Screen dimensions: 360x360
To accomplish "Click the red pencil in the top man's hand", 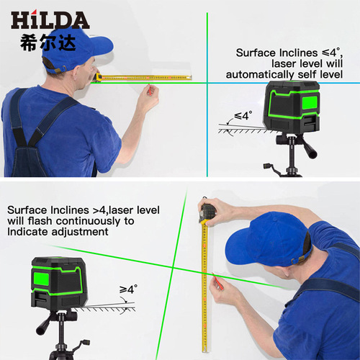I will (150, 90).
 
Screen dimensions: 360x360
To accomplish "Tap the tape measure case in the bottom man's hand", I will (207, 212).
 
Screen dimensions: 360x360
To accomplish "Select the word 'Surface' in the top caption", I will (254, 53).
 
